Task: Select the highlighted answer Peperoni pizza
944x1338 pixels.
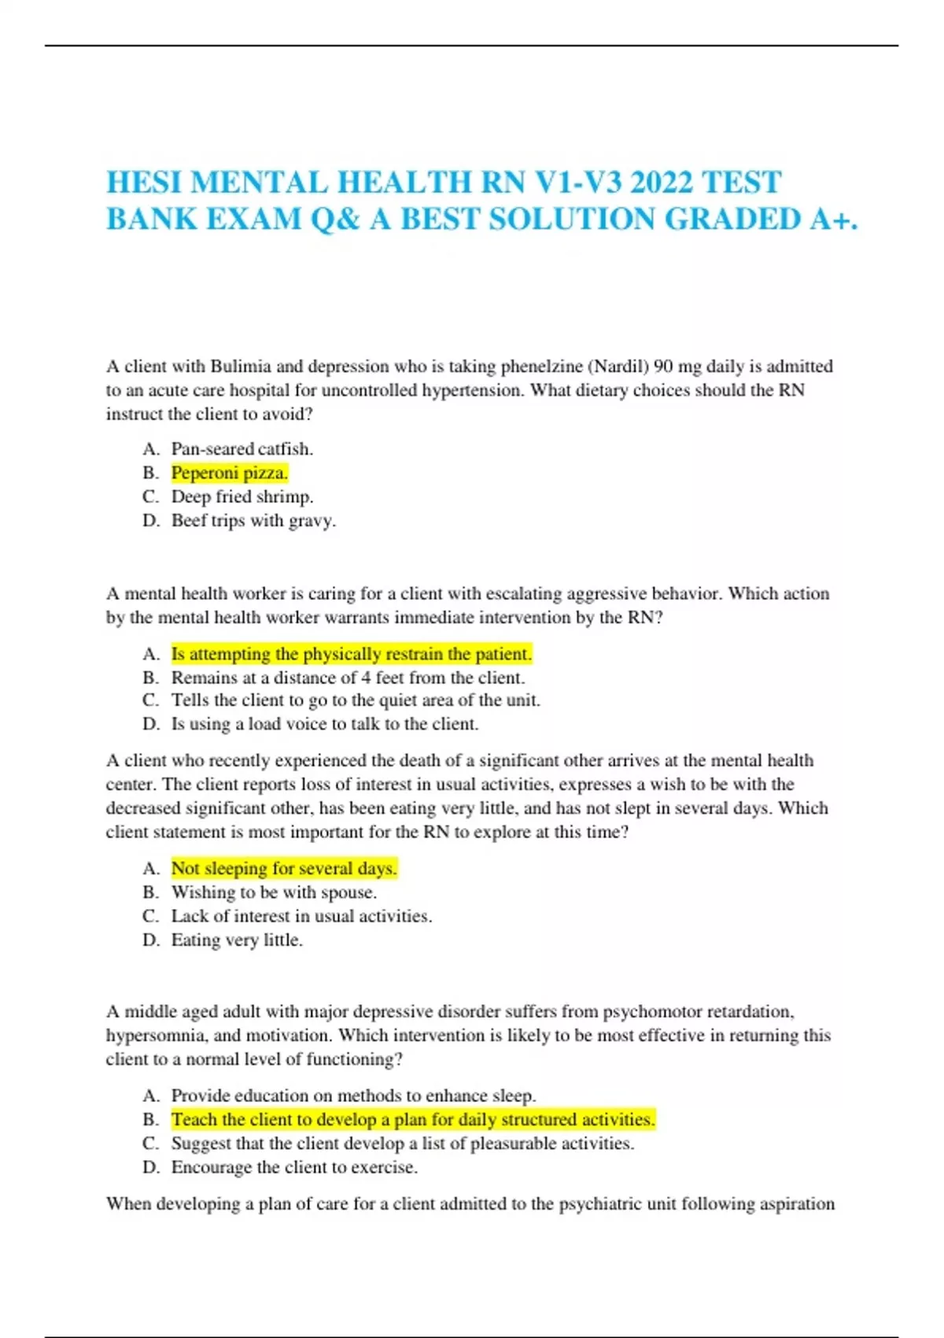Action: point(230,473)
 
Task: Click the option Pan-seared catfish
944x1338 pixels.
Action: point(242,449)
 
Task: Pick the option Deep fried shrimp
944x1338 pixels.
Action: point(242,497)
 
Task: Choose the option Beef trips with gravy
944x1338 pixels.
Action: point(253,520)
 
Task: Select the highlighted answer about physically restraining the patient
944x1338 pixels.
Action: point(352,654)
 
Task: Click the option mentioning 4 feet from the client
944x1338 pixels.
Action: point(348,678)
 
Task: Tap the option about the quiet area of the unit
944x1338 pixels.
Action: point(356,700)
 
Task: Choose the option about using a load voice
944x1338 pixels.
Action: point(325,724)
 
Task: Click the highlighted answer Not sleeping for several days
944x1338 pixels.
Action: point(284,868)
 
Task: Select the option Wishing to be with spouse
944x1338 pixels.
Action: point(274,893)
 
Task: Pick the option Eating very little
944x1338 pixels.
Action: point(237,940)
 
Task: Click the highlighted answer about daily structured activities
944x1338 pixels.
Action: point(413,1119)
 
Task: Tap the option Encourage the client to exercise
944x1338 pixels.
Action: point(294,1167)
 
